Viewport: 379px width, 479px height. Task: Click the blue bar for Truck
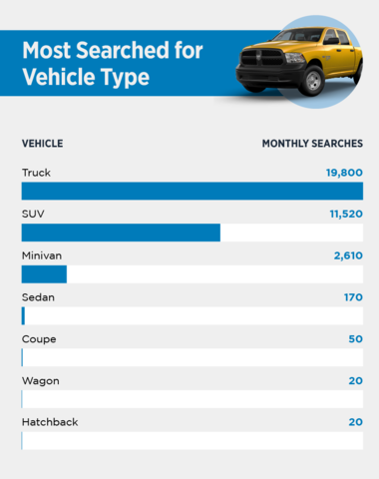(192, 191)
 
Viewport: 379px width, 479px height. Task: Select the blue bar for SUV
(121, 233)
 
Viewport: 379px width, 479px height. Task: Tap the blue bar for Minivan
(44, 274)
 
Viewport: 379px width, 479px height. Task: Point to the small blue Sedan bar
(23, 316)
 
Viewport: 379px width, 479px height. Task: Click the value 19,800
(344, 173)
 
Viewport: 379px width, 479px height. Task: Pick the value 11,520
(346, 214)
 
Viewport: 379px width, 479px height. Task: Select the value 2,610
(348, 255)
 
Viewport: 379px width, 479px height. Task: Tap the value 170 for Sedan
(353, 297)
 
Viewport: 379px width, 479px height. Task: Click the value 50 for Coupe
(355, 339)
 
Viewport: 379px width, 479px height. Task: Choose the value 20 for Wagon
(355, 380)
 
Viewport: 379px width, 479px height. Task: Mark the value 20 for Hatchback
(355, 422)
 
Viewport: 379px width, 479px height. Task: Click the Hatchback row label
(50, 422)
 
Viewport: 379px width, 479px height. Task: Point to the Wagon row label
(41, 381)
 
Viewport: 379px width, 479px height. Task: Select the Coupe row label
(39, 339)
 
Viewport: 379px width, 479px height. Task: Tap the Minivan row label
(42, 255)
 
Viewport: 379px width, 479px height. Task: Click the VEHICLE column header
(43, 144)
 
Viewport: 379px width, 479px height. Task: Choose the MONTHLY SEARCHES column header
(312, 144)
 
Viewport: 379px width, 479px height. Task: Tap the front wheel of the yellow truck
(312, 81)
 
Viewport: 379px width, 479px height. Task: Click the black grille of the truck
(262, 58)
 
